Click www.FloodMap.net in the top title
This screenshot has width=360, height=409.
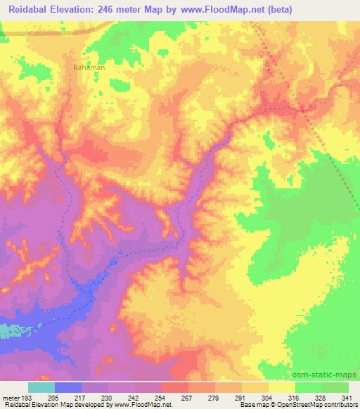217,10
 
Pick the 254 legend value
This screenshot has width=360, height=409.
161,397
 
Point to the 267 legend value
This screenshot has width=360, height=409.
188,397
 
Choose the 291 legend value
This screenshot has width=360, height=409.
241,397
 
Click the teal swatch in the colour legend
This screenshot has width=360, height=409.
41,387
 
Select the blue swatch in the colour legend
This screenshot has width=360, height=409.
68,387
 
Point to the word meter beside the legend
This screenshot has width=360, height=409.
11,397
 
